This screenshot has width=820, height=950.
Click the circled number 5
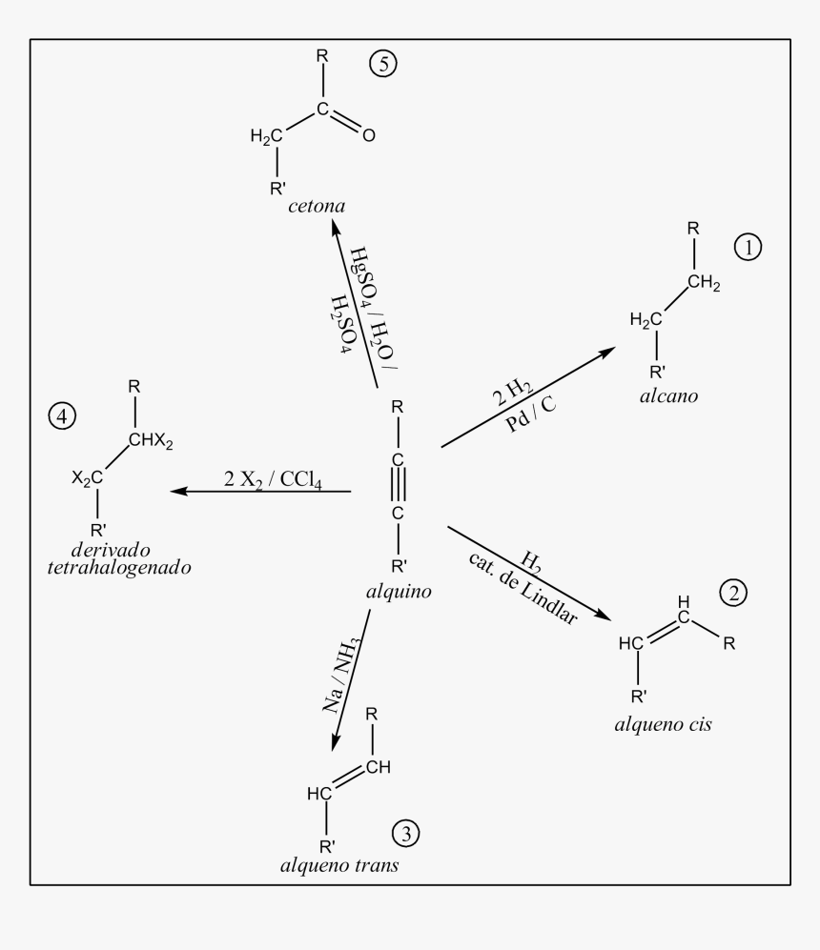click(383, 64)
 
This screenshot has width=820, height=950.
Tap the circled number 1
click(748, 247)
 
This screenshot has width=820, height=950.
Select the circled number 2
click(733, 593)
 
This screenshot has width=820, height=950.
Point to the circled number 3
click(405, 833)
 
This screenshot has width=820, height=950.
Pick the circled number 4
click(62, 416)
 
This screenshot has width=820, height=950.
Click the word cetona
click(317, 206)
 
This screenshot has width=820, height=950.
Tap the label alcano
click(669, 396)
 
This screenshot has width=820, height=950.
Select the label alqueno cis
click(663, 724)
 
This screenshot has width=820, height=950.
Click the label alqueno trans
click(339, 865)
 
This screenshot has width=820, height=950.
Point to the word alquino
click(399, 592)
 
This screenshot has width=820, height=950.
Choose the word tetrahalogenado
click(119, 568)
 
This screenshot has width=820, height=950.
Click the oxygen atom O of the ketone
click(368, 135)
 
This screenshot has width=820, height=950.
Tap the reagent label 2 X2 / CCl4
click(273, 479)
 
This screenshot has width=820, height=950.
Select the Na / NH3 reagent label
click(341, 675)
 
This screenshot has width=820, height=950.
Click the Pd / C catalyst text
click(530, 414)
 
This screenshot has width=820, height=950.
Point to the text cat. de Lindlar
click(523, 588)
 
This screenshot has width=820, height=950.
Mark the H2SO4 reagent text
click(341, 324)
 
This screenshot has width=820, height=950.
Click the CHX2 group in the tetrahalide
click(151, 440)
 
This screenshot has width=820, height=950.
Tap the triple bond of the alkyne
click(399, 487)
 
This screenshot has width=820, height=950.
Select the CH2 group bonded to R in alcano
click(704, 283)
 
